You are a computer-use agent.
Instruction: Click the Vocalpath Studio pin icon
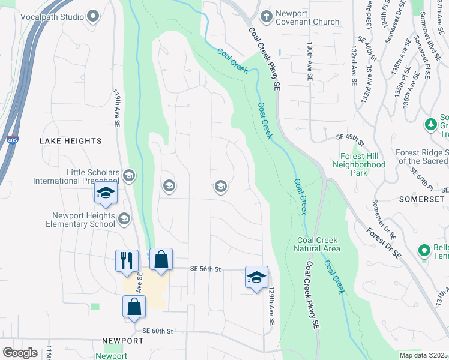(x=92, y=17)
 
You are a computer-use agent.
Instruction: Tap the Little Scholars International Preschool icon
(x=128, y=176)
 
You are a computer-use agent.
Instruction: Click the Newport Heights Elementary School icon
(x=124, y=220)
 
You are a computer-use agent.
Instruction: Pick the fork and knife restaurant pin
(x=127, y=261)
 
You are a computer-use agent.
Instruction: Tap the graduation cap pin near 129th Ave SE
(x=256, y=278)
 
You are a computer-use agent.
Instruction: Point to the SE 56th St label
(x=206, y=269)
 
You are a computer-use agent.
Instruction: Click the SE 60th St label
(x=158, y=331)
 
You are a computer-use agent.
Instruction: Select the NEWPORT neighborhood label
(x=122, y=341)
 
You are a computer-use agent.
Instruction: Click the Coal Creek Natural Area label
(x=318, y=244)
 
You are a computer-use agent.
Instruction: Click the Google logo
(x=20, y=353)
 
